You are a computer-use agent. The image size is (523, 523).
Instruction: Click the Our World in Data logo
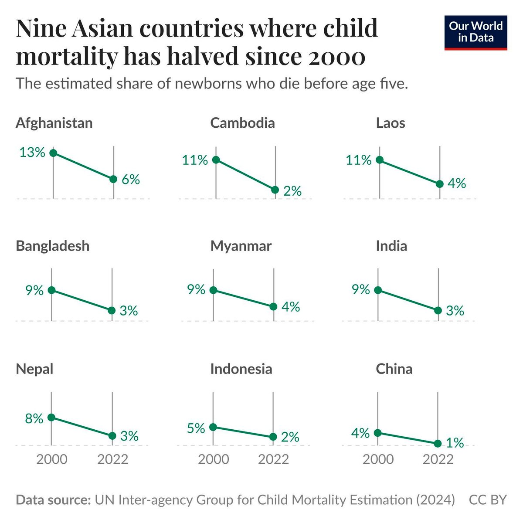tap(475, 33)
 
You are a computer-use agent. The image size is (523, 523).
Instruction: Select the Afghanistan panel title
tap(54, 123)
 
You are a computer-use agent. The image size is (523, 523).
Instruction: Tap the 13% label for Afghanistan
tap(32, 153)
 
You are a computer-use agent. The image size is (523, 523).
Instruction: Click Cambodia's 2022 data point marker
tap(275, 190)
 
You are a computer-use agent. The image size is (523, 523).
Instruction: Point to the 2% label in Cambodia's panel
tap(292, 191)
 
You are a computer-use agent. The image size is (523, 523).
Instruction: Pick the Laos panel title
tap(391, 123)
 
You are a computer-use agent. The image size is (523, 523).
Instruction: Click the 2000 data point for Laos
tap(380, 160)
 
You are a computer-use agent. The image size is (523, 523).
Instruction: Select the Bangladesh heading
tap(52, 246)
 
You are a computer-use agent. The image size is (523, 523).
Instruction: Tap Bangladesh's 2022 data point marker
tap(112, 310)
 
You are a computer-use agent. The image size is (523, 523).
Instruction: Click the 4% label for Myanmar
tap(291, 307)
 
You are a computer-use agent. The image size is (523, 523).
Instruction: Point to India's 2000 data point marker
tap(378, 290)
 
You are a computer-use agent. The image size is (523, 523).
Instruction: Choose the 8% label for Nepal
tap(34, 419)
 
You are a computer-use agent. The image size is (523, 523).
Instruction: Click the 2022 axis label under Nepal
tap(112, 459)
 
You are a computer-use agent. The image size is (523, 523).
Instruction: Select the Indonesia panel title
tap(241, 369)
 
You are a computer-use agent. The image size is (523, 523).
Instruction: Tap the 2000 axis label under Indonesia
tap(213, 459)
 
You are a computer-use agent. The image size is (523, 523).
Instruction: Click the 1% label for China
tap(455, 443)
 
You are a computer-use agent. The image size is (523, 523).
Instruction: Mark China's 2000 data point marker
tap(378, 433)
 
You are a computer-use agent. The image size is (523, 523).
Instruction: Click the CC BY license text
tap(488, 500)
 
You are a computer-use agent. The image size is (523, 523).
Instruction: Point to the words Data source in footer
tap(53, 500)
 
